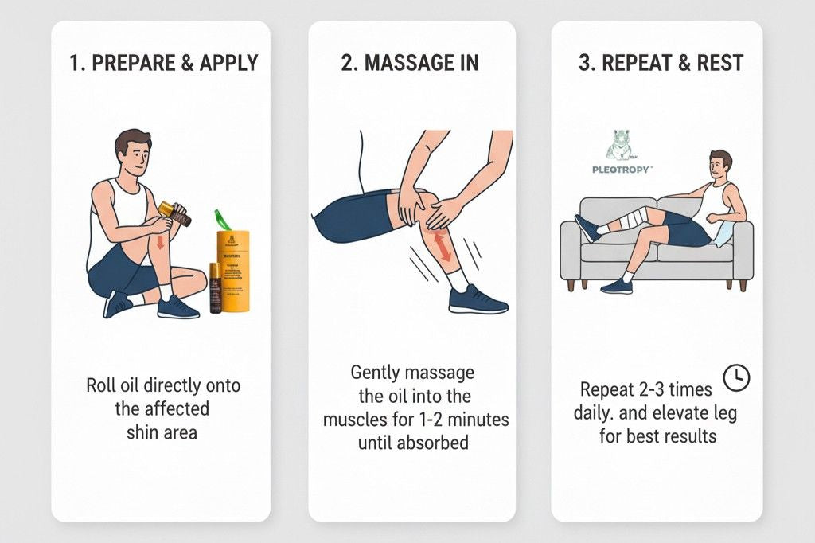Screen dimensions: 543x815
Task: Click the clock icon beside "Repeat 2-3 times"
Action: coord(737,378)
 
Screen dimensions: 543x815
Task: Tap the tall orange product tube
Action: coord(233,271)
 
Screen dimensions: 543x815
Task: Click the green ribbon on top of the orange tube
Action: coord(222,220)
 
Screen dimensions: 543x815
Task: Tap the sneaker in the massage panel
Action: coord(478,300)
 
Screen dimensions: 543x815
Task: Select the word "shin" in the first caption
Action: coord(142,432)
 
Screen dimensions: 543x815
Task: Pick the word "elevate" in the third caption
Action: coord(684,413)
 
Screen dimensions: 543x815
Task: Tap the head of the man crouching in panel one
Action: coord(132,153)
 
